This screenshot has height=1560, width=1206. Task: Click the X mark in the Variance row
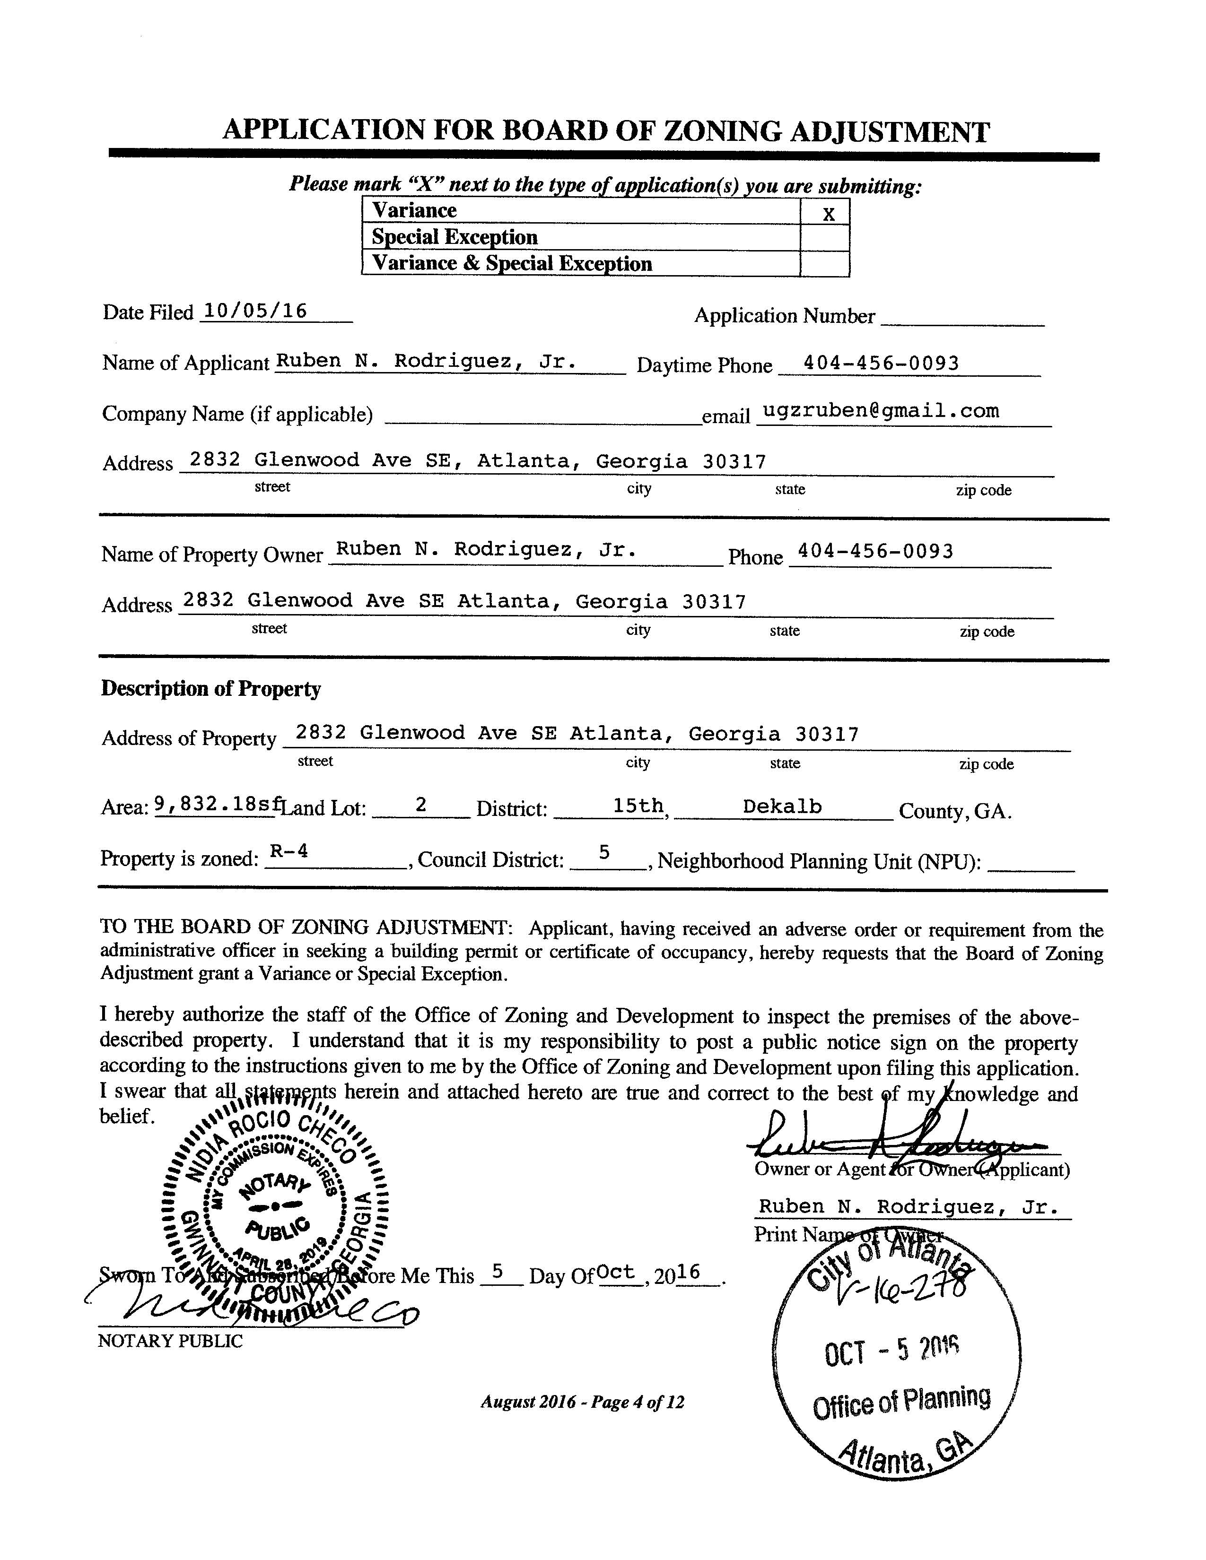(x=828, y=214)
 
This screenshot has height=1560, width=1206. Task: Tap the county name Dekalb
(x=782, y=806)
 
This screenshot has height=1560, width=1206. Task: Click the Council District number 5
(x=604, y=852)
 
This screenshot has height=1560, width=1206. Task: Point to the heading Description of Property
(x=211, y=689)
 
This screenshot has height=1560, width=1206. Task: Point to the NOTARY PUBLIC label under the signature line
(x=170, y=1341)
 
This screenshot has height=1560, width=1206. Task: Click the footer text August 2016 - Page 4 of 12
(x=582, y=1402)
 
